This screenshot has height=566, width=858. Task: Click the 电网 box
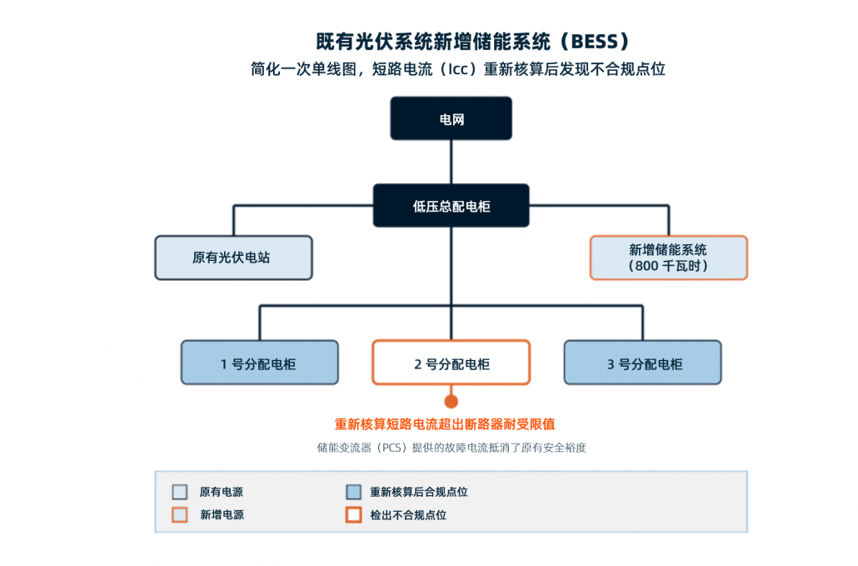451,118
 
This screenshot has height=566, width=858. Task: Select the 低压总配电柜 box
451,205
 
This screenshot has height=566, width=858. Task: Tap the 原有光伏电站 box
233,258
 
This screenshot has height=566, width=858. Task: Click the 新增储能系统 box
669,258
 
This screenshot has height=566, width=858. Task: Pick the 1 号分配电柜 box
259,363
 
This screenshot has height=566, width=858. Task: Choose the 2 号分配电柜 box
451,363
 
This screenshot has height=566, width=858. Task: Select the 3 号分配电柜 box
642,363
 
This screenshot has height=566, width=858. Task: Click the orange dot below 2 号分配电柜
451,402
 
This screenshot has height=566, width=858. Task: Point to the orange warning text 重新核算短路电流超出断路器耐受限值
445,424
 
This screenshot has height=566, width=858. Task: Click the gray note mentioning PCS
451,448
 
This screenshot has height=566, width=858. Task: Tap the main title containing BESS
473,42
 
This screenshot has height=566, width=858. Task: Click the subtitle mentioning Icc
458,69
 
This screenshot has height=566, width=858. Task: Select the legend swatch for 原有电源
179,492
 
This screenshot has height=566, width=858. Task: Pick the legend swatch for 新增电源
179,514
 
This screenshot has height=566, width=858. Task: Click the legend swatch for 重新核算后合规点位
353,492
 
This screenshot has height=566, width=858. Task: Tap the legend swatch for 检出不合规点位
353,514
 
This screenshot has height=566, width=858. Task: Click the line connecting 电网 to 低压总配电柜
451,162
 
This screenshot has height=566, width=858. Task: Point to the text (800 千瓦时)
668,266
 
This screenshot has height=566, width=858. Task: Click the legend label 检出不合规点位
408,515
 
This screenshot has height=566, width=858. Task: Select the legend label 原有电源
221,492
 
